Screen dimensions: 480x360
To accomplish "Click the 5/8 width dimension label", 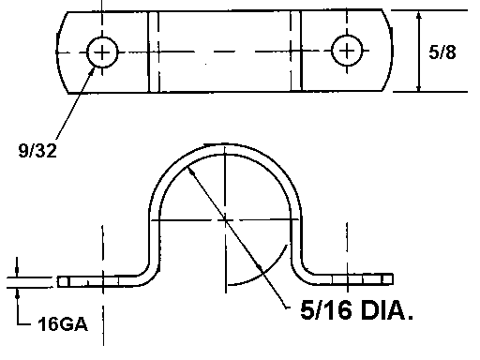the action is [x=442, y=52].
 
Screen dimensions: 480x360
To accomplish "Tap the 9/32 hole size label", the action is [x=37, y=150].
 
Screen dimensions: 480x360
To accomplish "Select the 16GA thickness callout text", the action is [x=63, y=323].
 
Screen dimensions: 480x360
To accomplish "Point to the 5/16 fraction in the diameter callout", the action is [x=325, y=309].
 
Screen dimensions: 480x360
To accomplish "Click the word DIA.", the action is [x=387, y=309].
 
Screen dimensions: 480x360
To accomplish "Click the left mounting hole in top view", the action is [x=102, y=52].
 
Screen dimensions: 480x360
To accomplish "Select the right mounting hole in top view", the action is [x=347, y=51].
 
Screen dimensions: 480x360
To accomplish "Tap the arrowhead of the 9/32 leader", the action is [x=92, y=70].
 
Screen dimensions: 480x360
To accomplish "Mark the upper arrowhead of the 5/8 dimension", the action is [x=419, y=16].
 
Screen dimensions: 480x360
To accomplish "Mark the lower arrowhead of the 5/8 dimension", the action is [x=419, y=87].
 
